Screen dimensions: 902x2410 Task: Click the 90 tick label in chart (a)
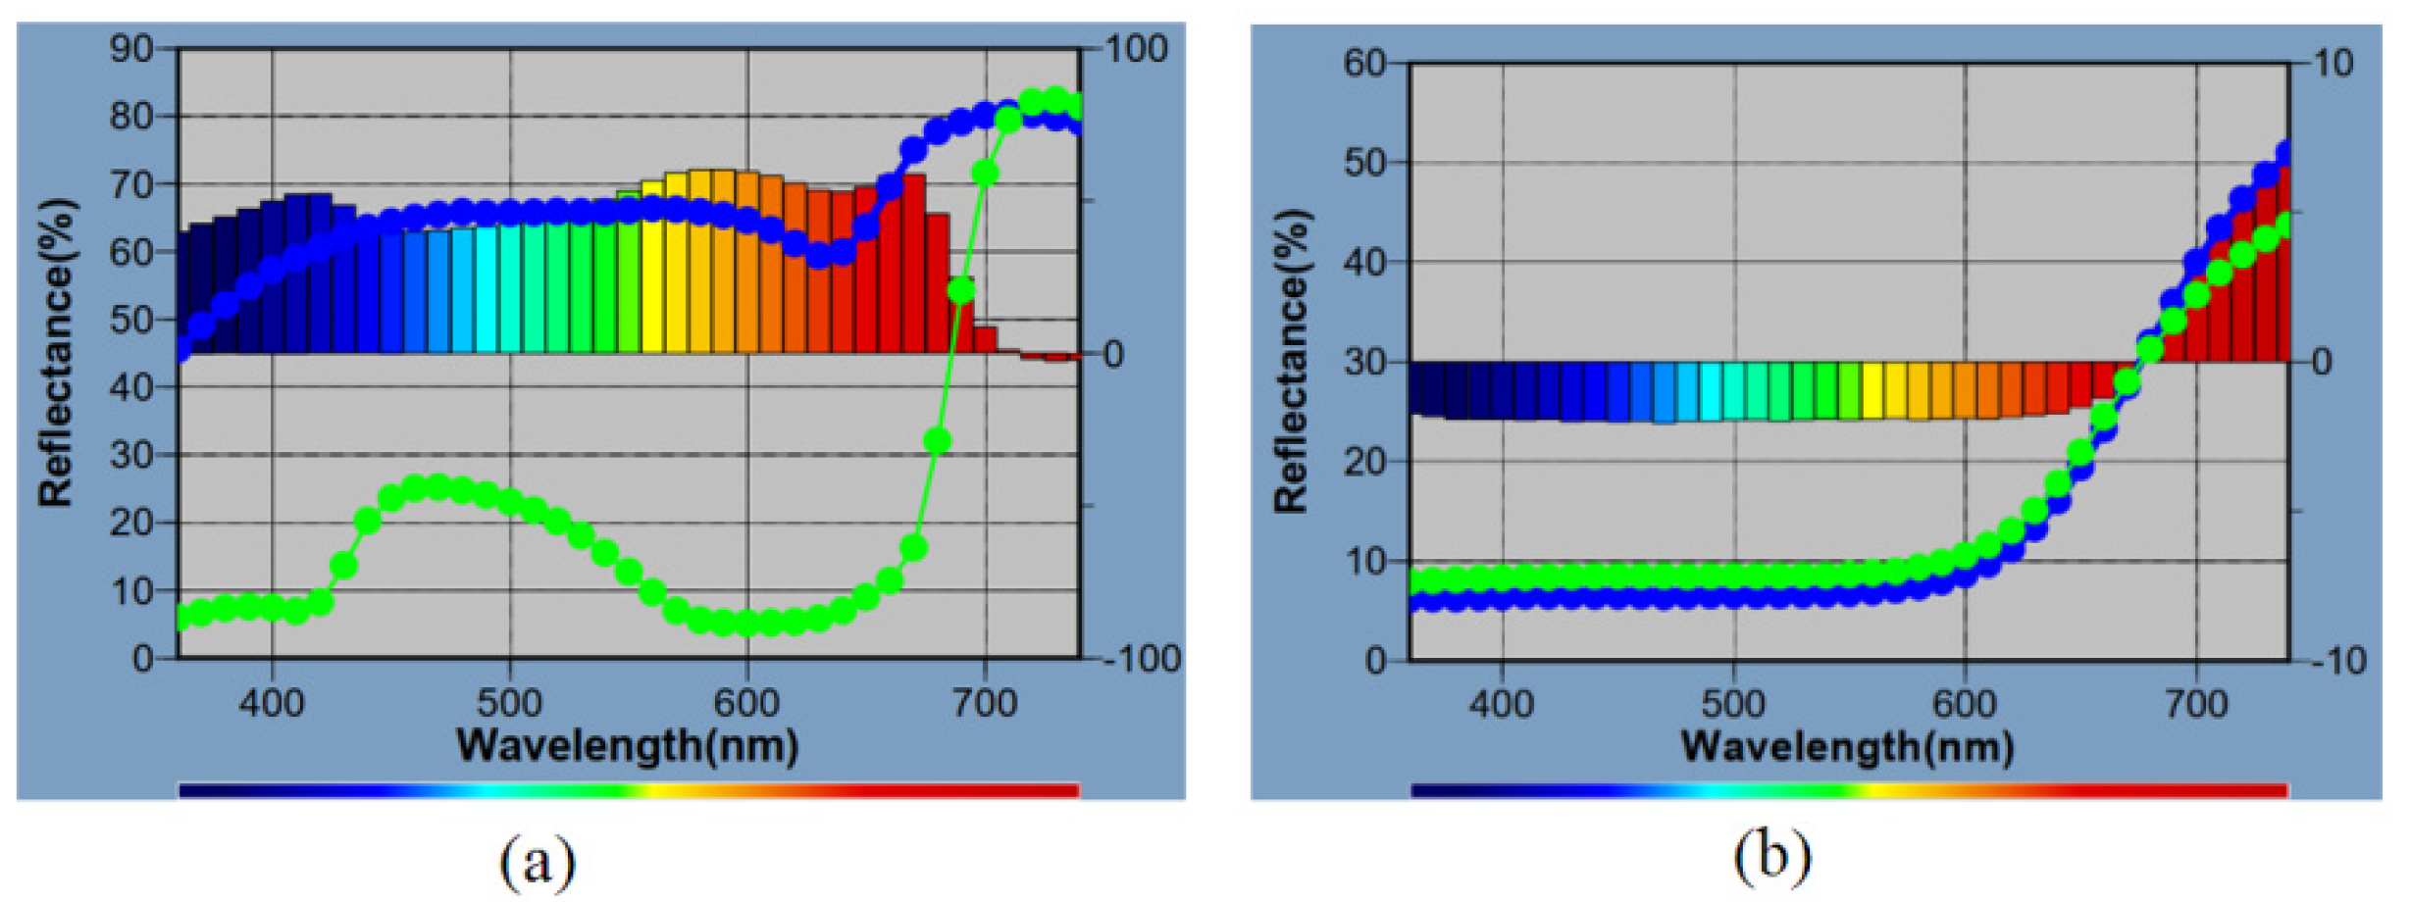tap(130, 48)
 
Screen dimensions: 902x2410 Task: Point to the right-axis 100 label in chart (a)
tap(1137, 48)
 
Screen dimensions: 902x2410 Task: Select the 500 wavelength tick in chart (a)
tap(509, 703)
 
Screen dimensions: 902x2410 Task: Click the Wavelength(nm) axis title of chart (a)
tap(628, 746)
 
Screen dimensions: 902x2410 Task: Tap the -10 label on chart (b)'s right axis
tap(2339, 661)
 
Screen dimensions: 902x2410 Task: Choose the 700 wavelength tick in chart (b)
tap(2196, 703)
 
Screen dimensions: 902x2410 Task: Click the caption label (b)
tap(1771, 857)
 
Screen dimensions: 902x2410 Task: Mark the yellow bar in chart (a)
tap(652, 267)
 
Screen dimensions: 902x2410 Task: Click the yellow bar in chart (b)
tap(1872, 389)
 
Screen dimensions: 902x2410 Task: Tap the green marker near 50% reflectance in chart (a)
tap(961, 290)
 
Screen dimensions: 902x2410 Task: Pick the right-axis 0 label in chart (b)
tap(2322, 362)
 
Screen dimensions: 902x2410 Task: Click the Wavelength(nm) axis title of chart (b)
tap(1848, 747)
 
